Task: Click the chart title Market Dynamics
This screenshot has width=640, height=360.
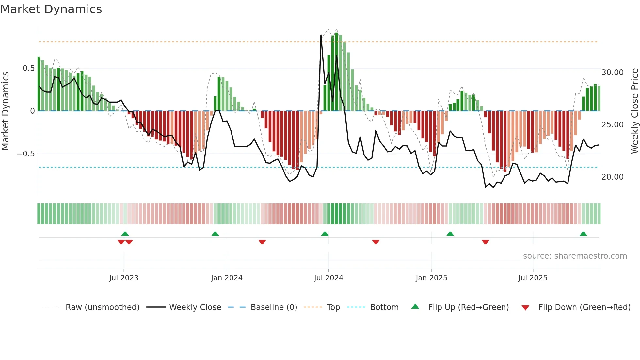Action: click(x=51, y=9)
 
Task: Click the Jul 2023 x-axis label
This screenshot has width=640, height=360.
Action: click(x=124, y=278)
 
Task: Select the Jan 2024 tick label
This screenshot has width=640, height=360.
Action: click(x=227, y=278)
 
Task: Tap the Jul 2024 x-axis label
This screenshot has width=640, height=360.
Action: click(x=328, y=278)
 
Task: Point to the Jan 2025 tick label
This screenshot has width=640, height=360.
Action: click(x=431, y=278)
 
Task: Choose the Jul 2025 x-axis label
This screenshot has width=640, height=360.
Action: click(x=533, y=278)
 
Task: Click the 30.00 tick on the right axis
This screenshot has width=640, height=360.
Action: click(x=612, y=73)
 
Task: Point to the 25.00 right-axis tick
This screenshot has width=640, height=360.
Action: click(x=612, y=125)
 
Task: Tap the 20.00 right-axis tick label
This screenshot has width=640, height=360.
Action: click(x=612, y=177)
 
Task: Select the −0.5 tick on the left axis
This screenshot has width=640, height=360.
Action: click(x=26, y=154)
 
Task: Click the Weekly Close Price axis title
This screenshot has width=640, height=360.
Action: click(x=634, y=111)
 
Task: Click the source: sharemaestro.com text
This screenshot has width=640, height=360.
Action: click(x=575, y=256)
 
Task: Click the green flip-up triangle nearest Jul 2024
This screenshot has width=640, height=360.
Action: click(x=325, y=234)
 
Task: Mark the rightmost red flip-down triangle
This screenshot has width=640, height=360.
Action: click(x=485, y=242)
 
